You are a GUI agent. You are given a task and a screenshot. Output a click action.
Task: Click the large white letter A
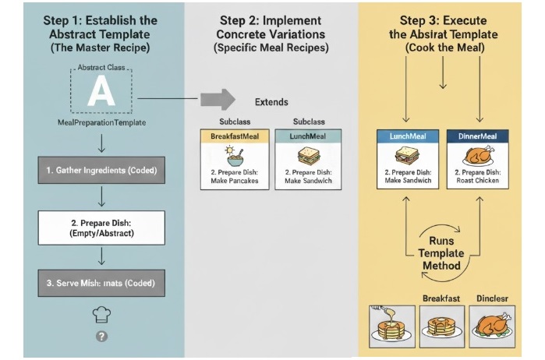click(101, 93)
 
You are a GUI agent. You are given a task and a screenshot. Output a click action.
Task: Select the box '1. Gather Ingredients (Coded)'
click(101, 169)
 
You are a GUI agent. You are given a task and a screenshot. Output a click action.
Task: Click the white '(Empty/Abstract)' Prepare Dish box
click(101, 228)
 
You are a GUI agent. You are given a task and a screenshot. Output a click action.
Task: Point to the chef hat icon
click(101, 313)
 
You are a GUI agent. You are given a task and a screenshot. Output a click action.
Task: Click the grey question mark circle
click(101, 336)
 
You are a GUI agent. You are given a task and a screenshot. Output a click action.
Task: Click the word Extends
click(271, 102)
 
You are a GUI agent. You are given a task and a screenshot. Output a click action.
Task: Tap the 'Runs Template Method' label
click(440, 252)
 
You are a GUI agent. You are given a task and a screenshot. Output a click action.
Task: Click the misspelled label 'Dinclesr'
click(490, 298)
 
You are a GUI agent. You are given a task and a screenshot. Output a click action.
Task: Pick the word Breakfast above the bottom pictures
click(441, 298)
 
